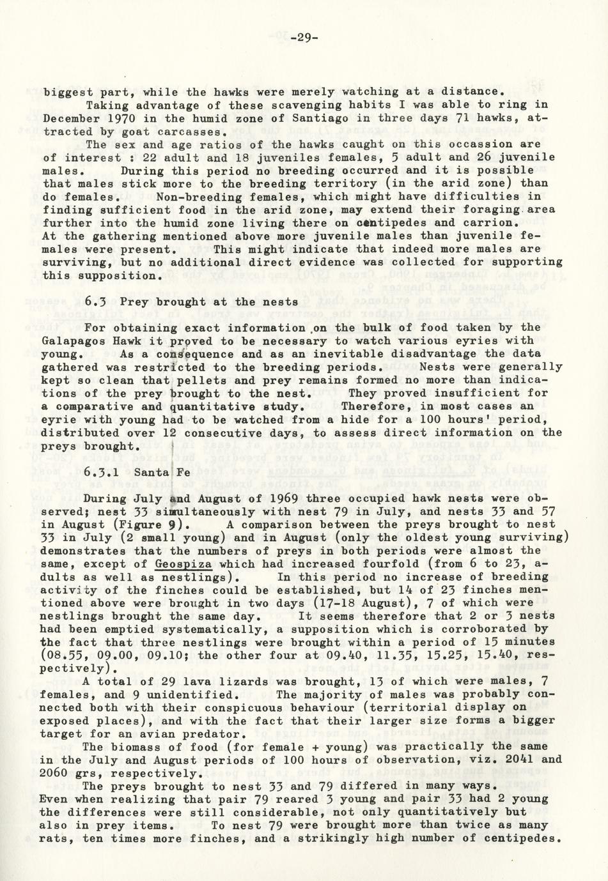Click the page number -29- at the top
click(304, 38)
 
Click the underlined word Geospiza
click(183, 563)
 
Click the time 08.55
click(65, 655)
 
